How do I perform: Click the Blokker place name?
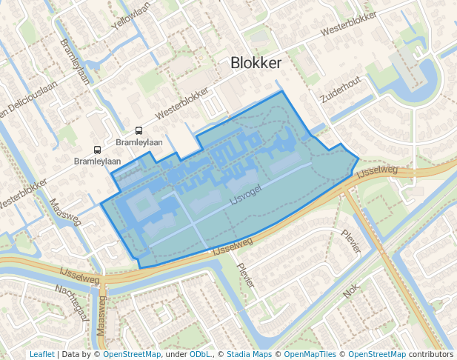pos(256,63)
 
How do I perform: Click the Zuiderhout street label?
pos(341,89)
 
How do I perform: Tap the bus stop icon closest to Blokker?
pos(139,130)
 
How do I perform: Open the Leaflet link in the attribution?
pos(42,354)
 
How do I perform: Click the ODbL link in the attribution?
pos(200,354)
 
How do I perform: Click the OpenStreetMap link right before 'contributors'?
pos(377,354)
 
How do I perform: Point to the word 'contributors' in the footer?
pos(430,354)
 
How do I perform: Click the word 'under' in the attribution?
pos(176,354)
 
